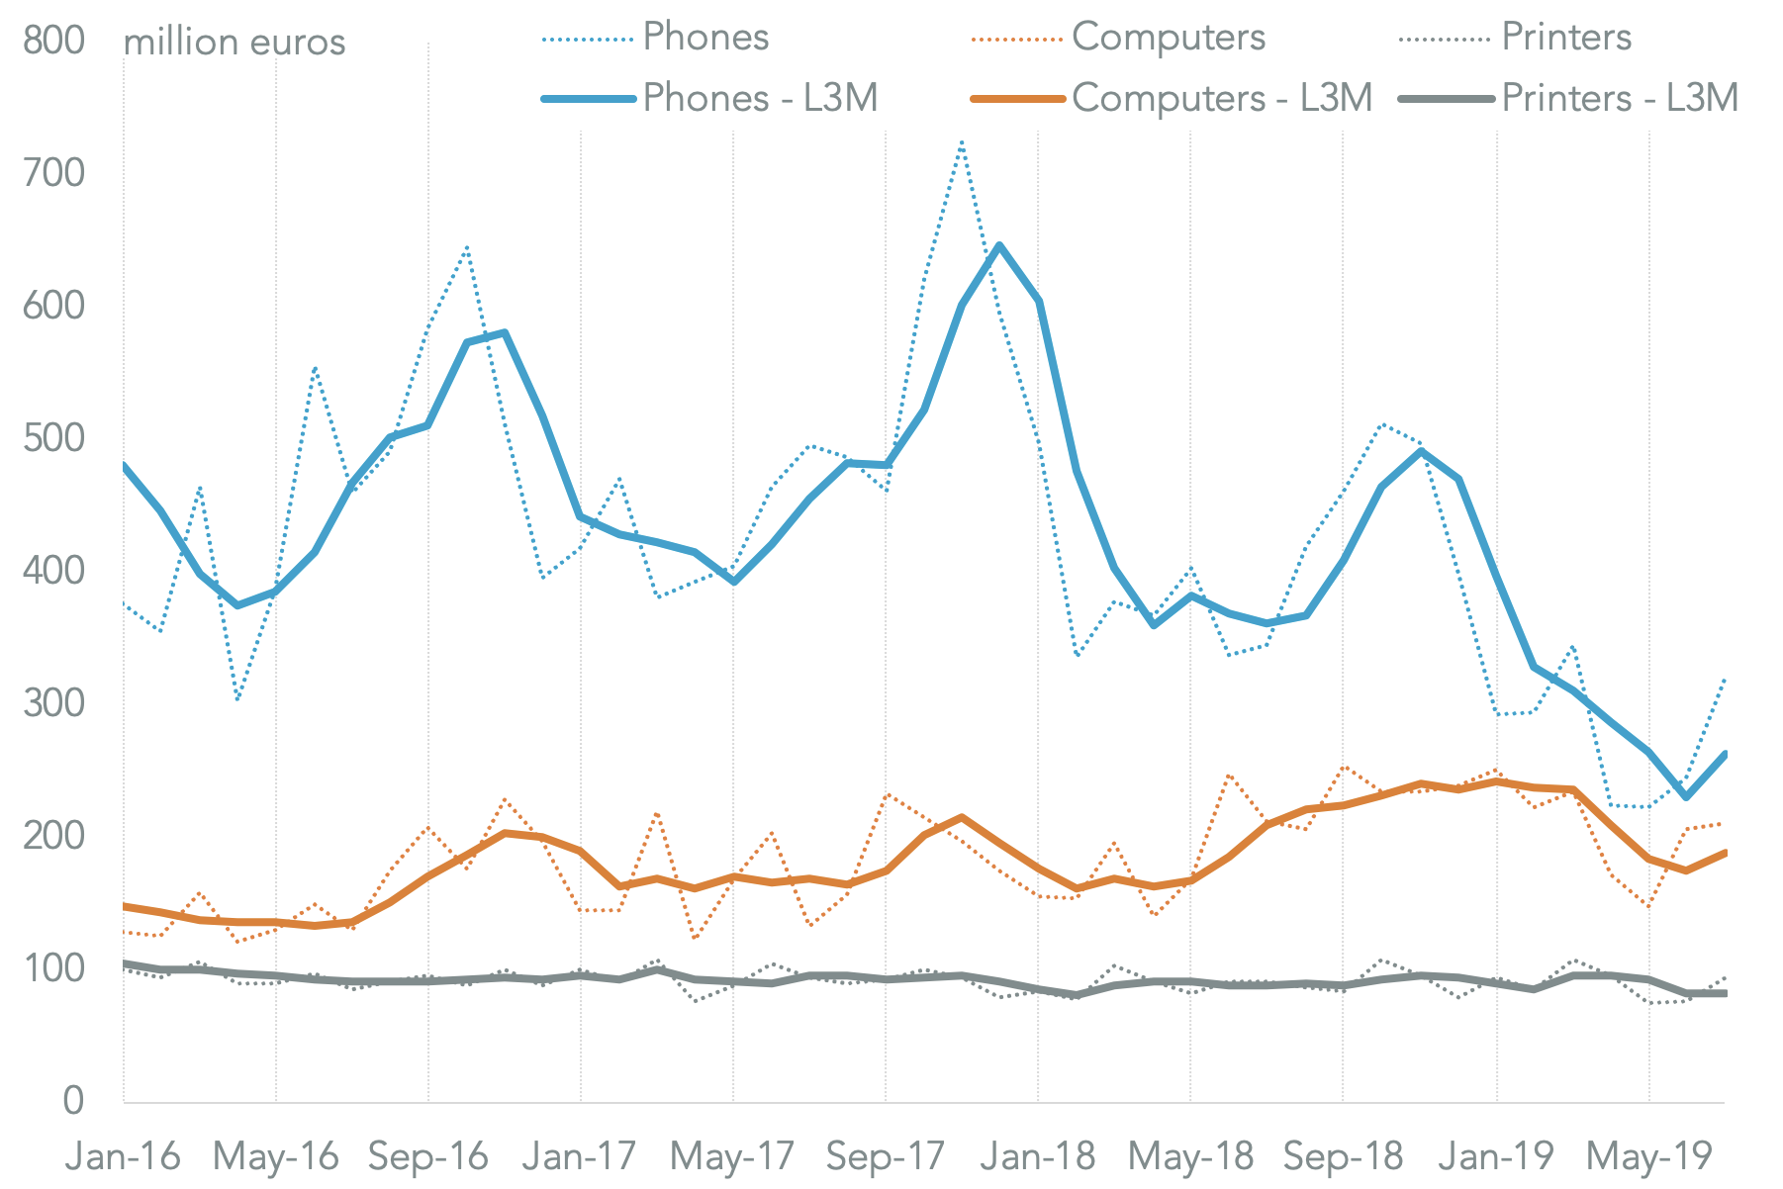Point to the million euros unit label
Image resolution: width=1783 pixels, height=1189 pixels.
pos(235,43)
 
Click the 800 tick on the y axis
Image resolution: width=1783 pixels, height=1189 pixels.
pos(53,41)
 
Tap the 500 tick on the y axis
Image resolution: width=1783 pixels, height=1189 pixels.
pos(53,438)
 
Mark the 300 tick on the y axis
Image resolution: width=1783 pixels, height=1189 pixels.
pos(53,703)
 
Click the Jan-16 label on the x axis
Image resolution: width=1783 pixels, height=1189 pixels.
pos(123,1155)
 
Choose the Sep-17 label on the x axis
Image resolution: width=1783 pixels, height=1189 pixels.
pos(885,1155)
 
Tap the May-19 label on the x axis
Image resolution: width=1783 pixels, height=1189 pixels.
pos(1647,1155)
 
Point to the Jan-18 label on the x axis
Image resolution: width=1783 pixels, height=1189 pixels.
pos(1037,1155)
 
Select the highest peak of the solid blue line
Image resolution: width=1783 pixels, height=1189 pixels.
pos(999,244)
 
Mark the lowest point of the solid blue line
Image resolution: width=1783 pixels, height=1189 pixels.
pos(1686,796)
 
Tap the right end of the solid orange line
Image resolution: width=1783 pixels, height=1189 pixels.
pos(1725,853)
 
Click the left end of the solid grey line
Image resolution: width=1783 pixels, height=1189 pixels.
pos(124,962)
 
